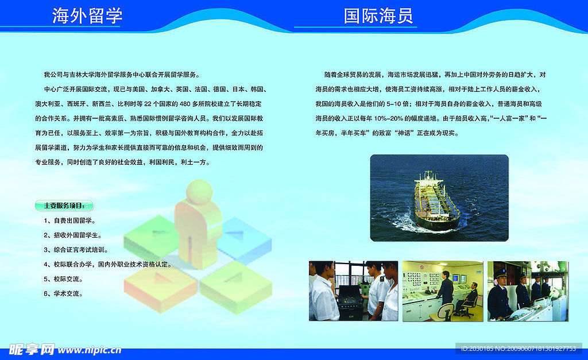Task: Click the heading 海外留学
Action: pos(87,16)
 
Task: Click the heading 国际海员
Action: pos(378,16)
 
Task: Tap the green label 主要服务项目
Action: pos(64,206)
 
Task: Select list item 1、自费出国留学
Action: pos(69,220)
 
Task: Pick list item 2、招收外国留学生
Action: pos(73,235)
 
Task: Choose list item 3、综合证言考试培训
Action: pos(76,250)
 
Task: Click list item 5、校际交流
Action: pos(63,279)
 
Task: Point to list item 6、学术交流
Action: pos(63,293)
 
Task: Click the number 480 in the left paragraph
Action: pos(185,104)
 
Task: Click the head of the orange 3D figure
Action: pos(199,192)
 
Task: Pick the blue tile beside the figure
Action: pos(246,240)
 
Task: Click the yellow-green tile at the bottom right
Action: pos(235,287)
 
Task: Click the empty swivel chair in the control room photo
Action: pos(445,312)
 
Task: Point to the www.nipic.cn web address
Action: pos(90,350)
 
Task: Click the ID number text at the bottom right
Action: pos(519,349)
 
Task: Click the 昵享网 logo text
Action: pos(32,350)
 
